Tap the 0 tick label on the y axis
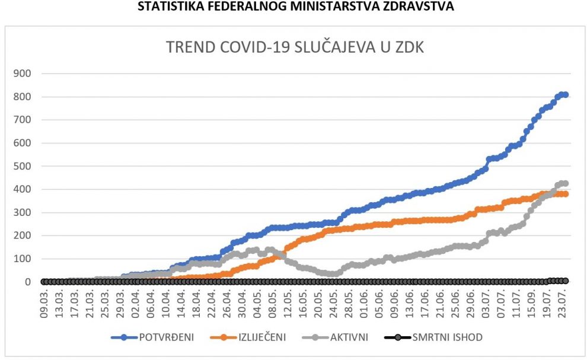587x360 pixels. click(x=28, y=282)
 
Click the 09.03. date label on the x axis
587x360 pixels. click(x=44, y=303)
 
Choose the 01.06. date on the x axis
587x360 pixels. click(x=363, y=303)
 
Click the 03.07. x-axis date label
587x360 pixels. click(x=484, y=303)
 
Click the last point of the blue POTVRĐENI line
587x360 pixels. click(x=565, y=94)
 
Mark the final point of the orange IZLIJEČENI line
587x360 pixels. click(x=565, y=194)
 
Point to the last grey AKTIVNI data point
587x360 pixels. click(x=565, y=184)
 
